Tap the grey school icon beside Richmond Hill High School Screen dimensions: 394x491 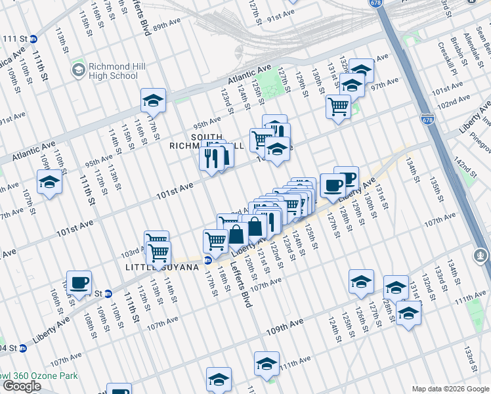click(79, 70)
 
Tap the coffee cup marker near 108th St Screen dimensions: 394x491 click(79, 283)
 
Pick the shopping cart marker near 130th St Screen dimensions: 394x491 click(338, 106)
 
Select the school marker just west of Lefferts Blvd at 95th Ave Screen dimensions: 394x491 click(153, 100)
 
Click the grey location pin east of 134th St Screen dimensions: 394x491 click(480, 254)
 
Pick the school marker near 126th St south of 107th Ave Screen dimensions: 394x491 click(361, 281)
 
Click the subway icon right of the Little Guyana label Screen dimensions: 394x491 click(207, 260)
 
